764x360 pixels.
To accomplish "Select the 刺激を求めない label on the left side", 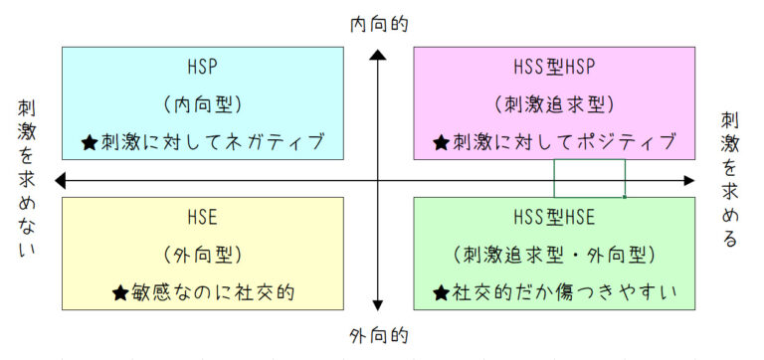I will point(27,179).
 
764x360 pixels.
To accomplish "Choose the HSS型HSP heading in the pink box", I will point(554,68).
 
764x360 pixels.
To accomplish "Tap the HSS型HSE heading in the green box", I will point(554,218).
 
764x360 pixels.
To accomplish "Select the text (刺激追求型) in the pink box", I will point(554,103).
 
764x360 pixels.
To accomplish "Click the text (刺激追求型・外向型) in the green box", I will point(554,255).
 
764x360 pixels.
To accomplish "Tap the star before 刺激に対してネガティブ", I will point(90,143).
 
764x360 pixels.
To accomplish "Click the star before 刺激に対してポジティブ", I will point(441,143).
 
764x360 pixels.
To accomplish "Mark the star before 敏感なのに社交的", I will point(119,293).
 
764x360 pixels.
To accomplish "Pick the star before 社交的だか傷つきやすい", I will point(441,293).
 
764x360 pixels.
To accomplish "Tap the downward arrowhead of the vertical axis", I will point(378,304).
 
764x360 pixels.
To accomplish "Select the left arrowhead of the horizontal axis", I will point(63,180).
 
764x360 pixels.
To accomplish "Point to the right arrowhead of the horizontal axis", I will point(689,180).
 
